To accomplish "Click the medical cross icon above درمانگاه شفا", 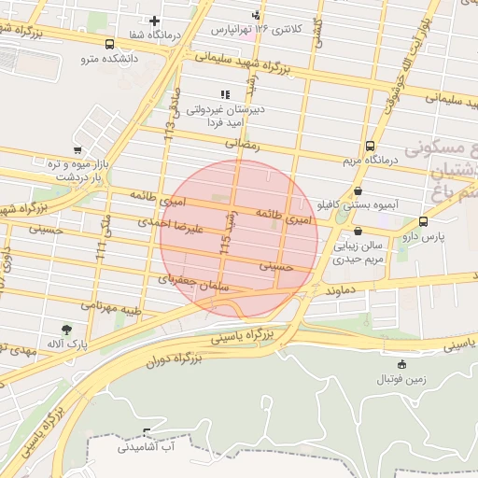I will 154,21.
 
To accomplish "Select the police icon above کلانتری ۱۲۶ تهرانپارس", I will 256,14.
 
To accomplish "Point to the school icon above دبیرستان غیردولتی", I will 223,94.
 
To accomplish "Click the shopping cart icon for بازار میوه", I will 77,150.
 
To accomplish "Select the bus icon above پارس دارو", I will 423,222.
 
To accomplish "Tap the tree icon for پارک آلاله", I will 66,330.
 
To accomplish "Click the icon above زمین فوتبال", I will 401,364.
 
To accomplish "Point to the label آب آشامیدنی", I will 146,448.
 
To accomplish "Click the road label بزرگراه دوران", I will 176,358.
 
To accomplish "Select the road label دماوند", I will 343,291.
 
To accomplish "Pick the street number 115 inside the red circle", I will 226,245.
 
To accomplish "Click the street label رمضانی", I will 246,145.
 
